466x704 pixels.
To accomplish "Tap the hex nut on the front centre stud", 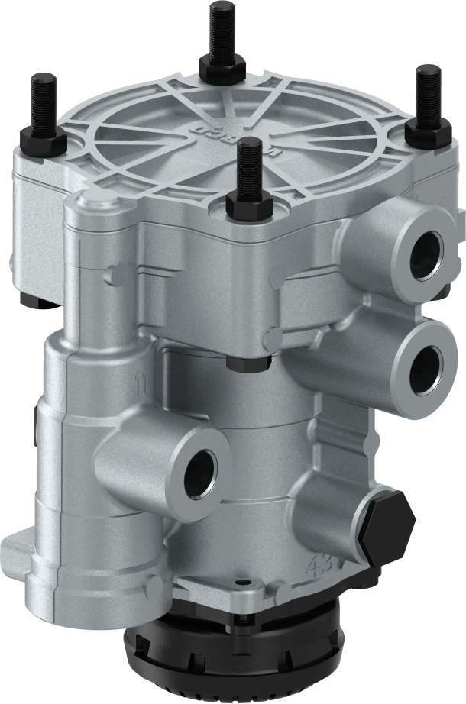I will (x=247, y=202).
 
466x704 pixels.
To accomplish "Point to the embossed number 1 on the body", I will (x=140, y=380).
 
